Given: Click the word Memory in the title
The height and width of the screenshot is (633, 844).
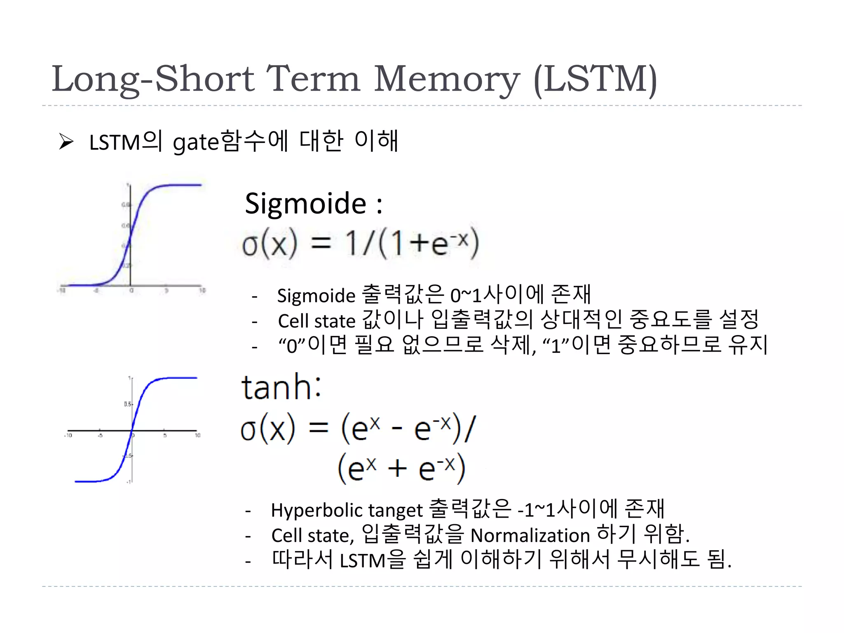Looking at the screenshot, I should (x=447, y=80).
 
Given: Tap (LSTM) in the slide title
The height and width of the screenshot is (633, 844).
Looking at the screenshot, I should (x=595, y=80).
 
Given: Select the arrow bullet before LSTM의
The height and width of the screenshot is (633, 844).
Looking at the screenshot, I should (x=66, y=142).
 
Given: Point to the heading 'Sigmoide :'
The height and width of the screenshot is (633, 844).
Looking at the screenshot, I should (x=313, y=204).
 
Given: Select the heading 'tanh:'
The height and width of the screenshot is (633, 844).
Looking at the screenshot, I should (x=281, y=387).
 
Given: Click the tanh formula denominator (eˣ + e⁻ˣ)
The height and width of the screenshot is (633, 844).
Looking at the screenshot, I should (x=401, y=469).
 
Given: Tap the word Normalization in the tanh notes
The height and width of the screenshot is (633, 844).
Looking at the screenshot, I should (x=530, y=536).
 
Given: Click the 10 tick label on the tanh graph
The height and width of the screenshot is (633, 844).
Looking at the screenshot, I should (x=198, y=435).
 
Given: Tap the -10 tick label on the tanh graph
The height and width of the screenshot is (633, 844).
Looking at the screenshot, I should (x=68, y=435).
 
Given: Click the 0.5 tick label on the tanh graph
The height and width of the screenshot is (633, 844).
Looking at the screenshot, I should (x=128, y=404).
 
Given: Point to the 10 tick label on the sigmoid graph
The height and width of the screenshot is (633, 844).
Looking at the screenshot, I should (x=202, y=291).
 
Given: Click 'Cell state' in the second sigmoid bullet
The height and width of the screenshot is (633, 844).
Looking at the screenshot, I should (x=316, y=321).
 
